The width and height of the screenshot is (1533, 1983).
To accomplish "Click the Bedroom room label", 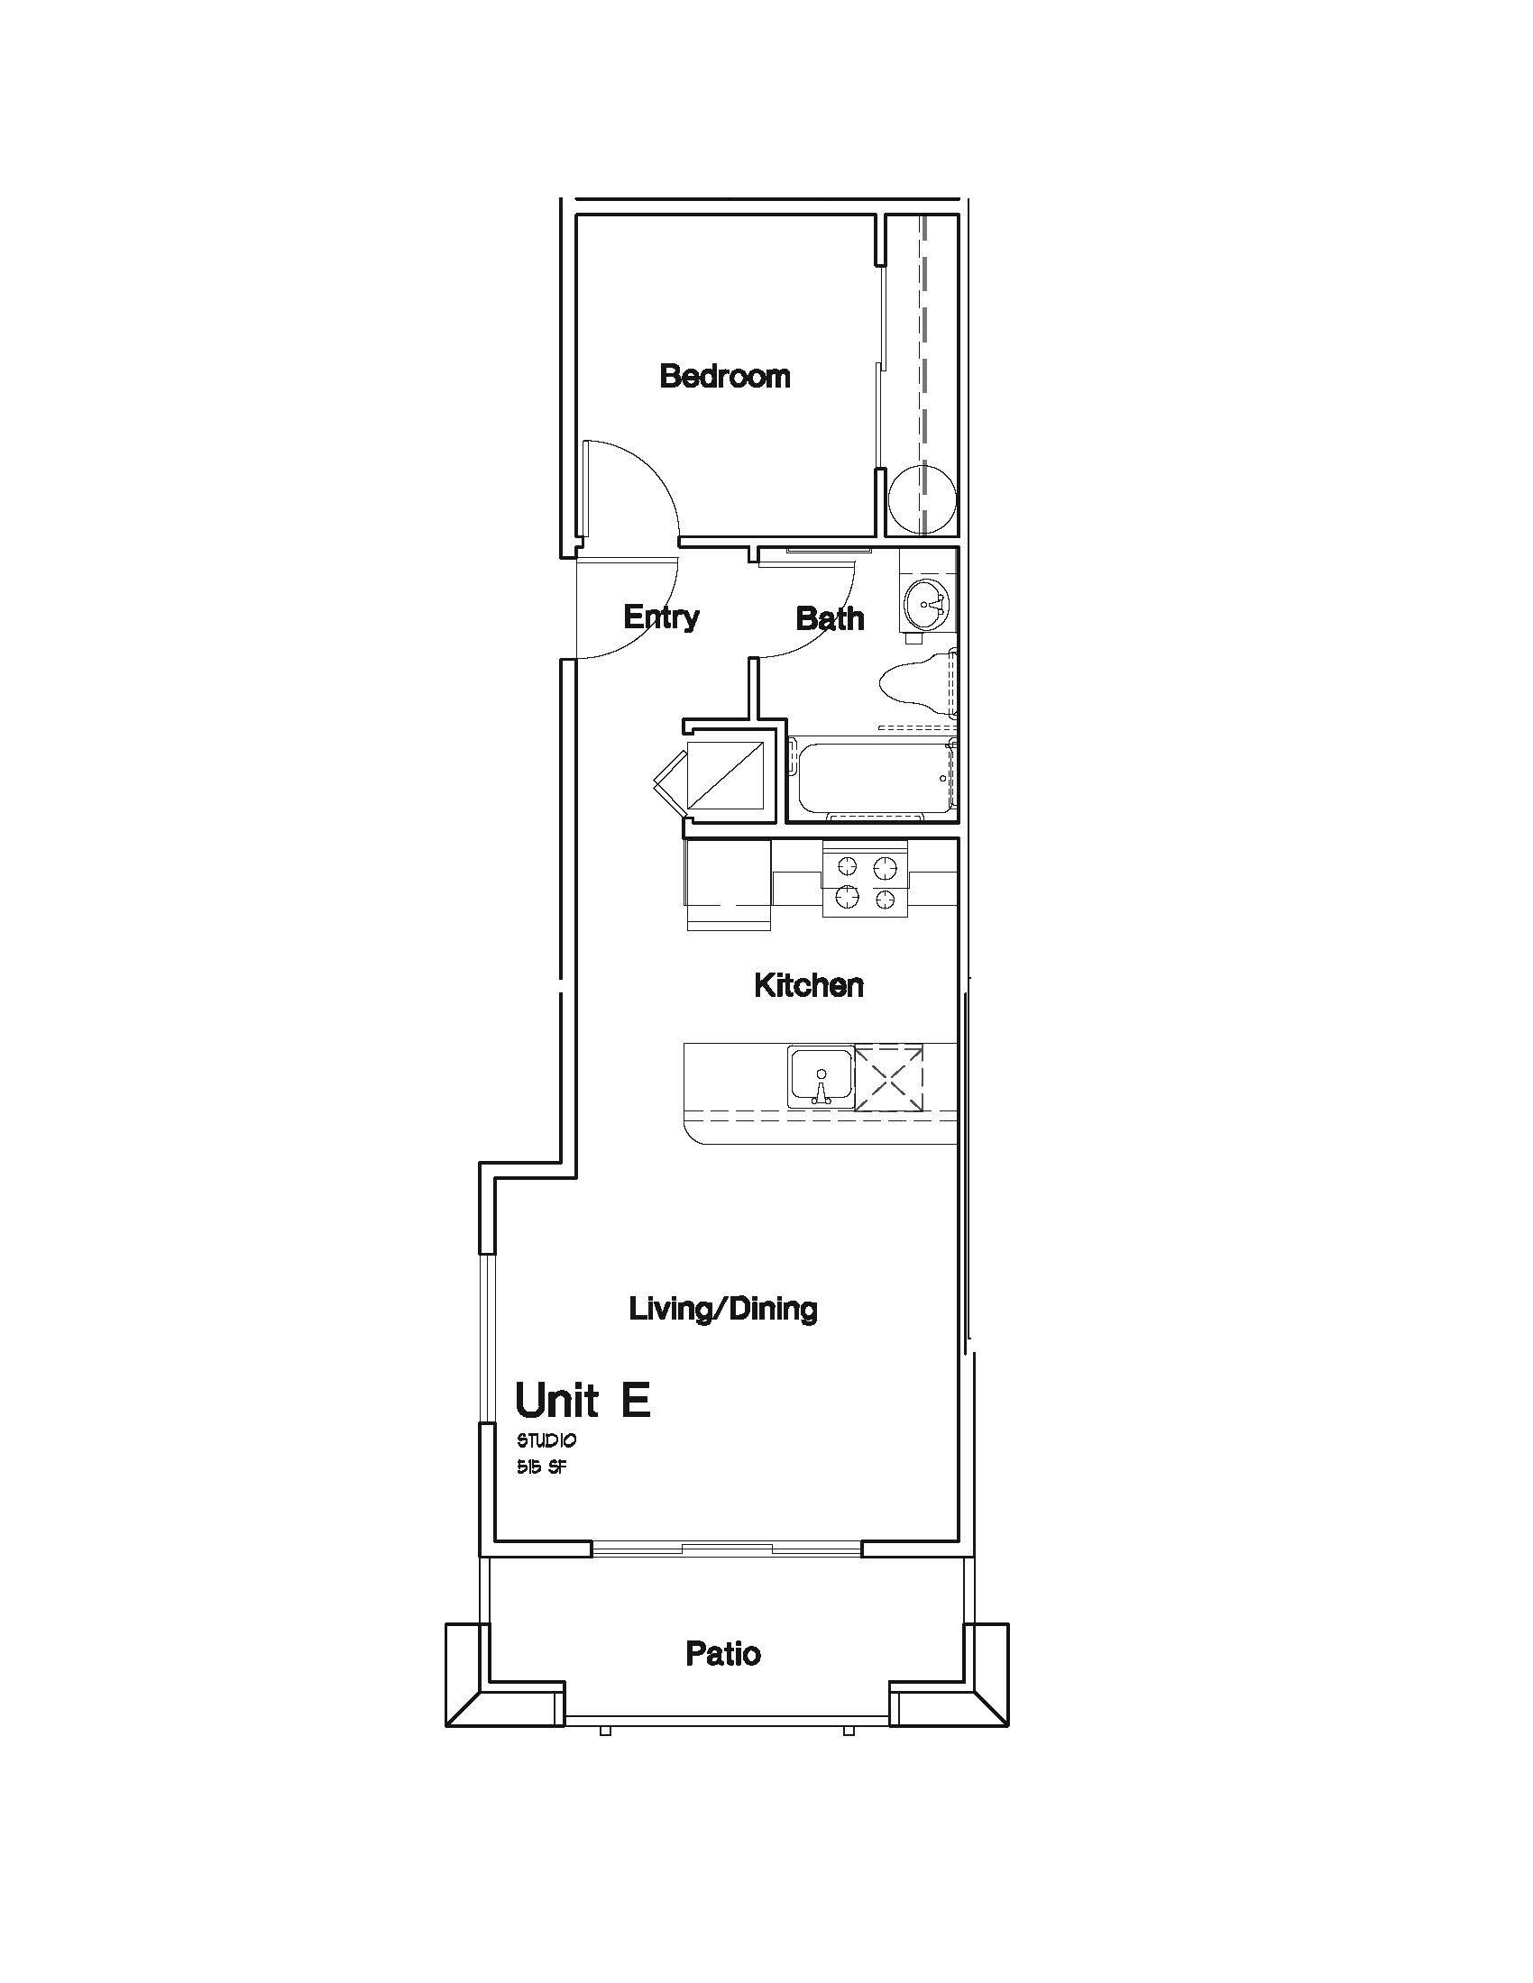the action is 725,376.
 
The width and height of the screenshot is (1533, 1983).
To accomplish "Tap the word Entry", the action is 661,617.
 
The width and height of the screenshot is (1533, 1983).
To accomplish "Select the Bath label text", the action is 829,619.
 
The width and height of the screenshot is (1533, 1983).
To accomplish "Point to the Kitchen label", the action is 808,985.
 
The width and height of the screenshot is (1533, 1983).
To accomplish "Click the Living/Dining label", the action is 724,1310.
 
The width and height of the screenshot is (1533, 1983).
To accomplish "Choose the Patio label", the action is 723,1654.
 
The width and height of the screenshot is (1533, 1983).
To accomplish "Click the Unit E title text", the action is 583,1400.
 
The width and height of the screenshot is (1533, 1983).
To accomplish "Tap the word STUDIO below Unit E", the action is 546,1441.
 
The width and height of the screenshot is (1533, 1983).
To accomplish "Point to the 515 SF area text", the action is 542,1468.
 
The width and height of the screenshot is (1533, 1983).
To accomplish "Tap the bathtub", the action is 873,777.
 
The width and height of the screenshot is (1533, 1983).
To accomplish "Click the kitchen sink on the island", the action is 821,1077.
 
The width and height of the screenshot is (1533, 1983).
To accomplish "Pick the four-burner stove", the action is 866,879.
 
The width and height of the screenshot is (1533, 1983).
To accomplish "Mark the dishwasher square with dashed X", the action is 889,1077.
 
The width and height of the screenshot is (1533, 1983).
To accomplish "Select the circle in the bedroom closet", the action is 922,500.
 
